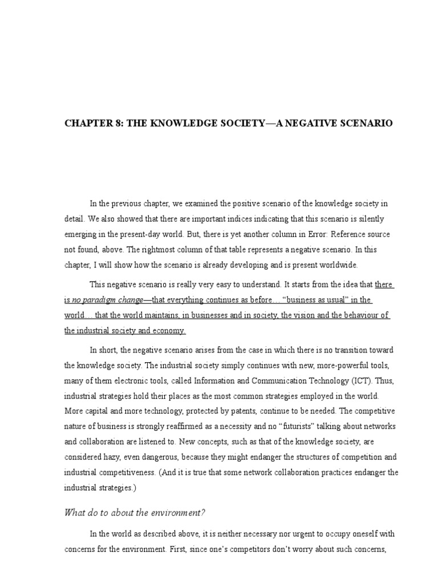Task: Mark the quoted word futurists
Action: [x=293, y=427]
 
